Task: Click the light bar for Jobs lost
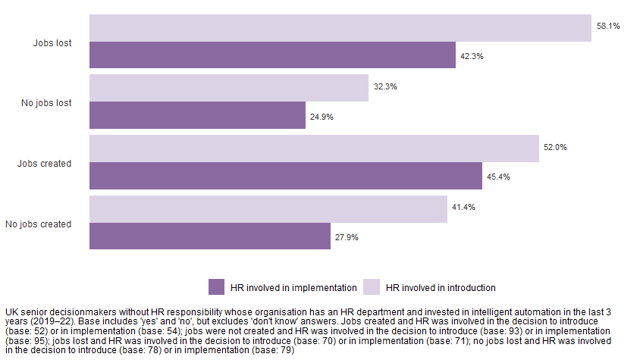[x=340, y=28]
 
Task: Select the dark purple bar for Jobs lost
[x=272, y=55]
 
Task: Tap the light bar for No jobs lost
[x=229, y=88]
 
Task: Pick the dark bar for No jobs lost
[x=197, y=115]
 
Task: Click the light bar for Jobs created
[x=314, y=149]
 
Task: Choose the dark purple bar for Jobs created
[x=286, y=176]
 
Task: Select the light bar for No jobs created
[x=268, y=209]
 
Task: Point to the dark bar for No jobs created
[x=210, y=236]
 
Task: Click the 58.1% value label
[x=608, y=26]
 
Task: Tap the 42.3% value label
[x=472, y=56]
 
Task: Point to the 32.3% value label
[x=385, y=86]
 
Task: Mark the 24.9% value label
[x=322, y=117]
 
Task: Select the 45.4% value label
[x=498, y=177]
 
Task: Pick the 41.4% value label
[x=463, y=207]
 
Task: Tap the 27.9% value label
[x=347, y=237]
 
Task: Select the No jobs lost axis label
[x=46, y=103]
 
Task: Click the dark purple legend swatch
[x=217, y=287]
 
